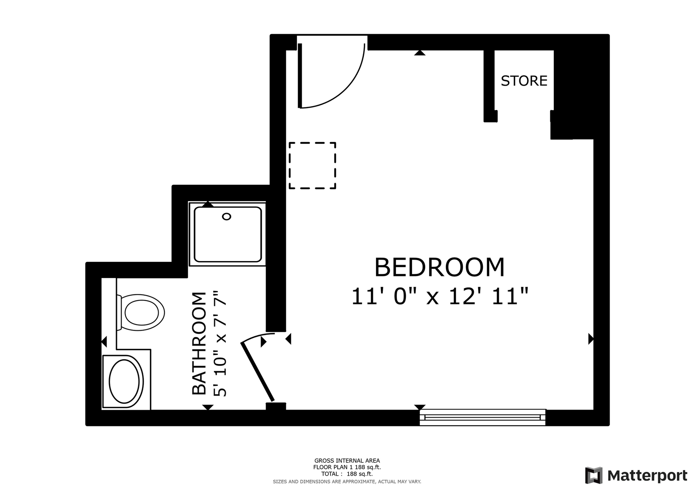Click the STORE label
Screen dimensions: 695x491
pyautogui.click(x=524, y=81)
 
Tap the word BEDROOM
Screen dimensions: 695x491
pyautogui.click(x=439, y=268)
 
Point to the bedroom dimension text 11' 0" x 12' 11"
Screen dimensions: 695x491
pyautogui.click(x=440, y=296)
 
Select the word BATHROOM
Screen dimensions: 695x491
pyautogui.click(x=199, y=343)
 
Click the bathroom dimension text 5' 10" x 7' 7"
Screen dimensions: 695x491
pyautogui.click(x=220, y=343)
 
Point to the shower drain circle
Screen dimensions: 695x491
pyautogui.click(x=227, y=217)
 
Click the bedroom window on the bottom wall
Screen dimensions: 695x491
pyautogui.click(x=483, y=417)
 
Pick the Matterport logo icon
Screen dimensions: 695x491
pyautogui.click(x=594, y=475)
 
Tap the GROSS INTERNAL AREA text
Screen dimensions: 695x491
pyautogui.click(x=347, y=461)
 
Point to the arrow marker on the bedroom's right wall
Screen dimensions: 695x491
pyautogui.click(x=591, y=339)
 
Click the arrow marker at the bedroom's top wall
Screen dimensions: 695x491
pyautogui.click(x=420, y=53)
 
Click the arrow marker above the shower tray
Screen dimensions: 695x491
pyautogui.click(x=208, y=204)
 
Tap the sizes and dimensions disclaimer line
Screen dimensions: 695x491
pyautogui.click(x=347, y=482)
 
